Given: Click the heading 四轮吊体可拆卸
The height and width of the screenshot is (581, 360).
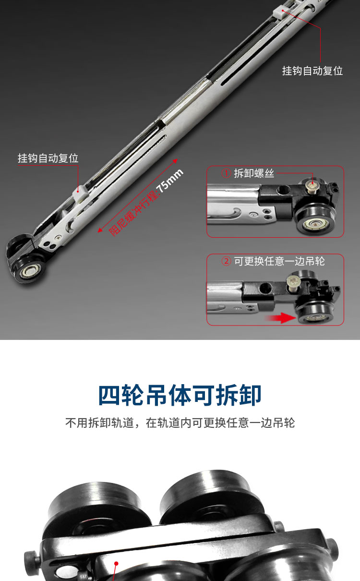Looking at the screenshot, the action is [180, 395].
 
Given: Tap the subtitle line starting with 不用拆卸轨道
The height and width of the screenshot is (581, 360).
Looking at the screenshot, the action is [180, 423].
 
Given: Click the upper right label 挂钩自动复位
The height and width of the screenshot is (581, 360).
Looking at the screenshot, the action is [312, 71].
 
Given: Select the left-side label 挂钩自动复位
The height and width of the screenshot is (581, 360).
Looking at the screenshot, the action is [48, 158].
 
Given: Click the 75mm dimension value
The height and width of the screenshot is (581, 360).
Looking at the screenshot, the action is [170, 180].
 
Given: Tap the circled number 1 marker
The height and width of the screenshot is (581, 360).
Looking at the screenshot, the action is [226, 173].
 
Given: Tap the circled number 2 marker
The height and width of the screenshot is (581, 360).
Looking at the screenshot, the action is [226, 261].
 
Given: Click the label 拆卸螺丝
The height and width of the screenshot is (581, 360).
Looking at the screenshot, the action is [254, 173].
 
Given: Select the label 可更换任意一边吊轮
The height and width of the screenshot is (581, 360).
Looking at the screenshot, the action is [279, 261].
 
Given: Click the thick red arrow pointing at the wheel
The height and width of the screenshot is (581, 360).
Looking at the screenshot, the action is [280, 318].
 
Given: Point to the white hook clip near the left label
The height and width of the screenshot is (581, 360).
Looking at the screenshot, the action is [80, 193].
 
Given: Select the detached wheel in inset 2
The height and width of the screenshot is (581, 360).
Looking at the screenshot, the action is [316, 312].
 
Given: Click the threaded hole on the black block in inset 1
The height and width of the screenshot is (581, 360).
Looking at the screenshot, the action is [282, 191].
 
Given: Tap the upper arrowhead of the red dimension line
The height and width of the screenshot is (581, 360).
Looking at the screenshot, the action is [175, 161].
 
